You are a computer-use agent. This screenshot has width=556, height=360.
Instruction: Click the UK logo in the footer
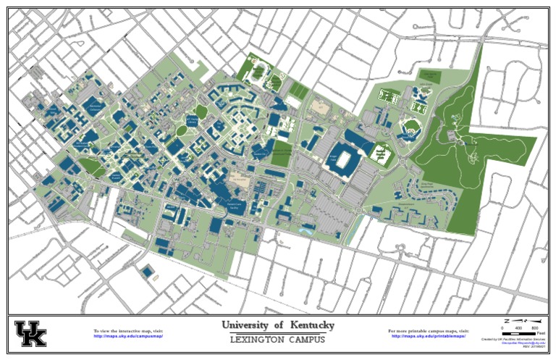pyautogui.click(x=30, y=333)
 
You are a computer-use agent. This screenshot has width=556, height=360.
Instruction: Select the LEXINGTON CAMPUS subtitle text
pyautogui.click(x=278, y=340)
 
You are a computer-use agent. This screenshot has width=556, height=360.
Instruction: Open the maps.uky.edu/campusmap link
pyautogui.click(x=128, y=336)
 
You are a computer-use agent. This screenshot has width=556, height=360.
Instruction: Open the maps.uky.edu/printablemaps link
pyautogui.click(x=428, y=336)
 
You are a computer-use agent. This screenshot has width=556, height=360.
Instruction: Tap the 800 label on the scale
pyautogui.click(x=535, y=328)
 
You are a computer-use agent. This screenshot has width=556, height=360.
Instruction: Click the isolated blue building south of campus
pyautogui.click(x=148, y=272)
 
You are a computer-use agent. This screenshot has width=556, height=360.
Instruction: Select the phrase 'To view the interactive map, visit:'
pyautogui.click(x=128, y=330)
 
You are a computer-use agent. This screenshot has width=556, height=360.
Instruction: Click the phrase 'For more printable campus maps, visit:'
pyautogui.click(x=428, y=330)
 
